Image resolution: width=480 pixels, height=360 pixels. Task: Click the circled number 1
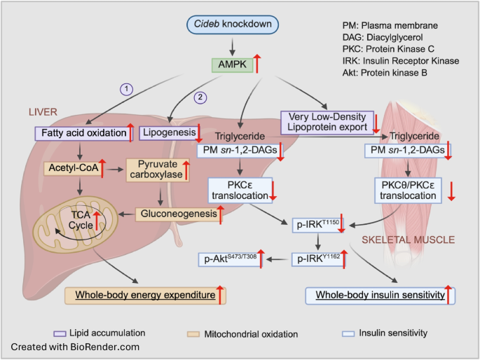(x=126, y=89)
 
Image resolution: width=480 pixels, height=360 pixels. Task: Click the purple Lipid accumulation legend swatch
(x=60, y=333)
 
